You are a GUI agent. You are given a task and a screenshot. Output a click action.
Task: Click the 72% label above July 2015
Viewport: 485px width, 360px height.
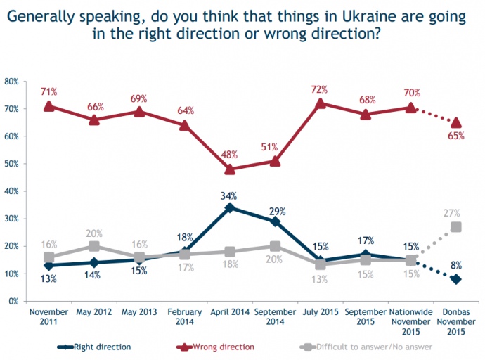click(x=320, y=89)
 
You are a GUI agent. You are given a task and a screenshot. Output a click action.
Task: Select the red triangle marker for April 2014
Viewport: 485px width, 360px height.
click(x=229, y=169)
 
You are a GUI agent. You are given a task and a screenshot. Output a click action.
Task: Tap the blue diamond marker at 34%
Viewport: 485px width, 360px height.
click(x=229, y=207)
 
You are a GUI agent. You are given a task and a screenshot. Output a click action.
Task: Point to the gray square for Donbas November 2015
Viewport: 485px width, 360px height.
click(x=456, y=227)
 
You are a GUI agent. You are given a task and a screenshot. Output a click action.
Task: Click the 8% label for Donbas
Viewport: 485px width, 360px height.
click(x=456, y=265)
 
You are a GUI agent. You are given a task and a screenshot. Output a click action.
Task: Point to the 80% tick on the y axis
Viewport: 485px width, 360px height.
click(x=12, y=82)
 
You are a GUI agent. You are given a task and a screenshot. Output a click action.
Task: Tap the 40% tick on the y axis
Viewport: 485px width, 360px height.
click(x=12, y=191)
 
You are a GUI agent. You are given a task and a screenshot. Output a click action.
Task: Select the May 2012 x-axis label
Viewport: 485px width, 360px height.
click(x=94, y=311)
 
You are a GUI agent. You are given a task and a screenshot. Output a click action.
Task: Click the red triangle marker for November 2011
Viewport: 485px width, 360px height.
click(x=49, y=105)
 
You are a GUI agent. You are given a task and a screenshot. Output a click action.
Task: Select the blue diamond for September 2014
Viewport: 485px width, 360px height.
click(x=275, y=221)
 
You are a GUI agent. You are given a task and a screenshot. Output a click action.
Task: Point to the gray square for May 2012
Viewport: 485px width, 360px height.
click(x=94, y=246)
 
